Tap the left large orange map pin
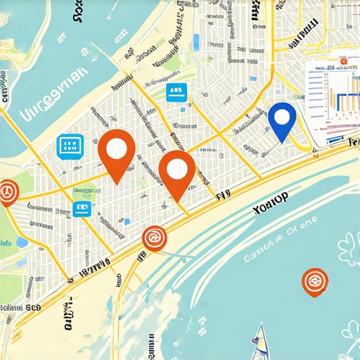[x=115, y=148]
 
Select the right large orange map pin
[x=176, y=170]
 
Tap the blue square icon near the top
[x=176, y=92]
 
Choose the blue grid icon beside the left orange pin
[x=70, y=146]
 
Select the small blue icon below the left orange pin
[x=82, y=209]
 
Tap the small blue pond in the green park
[x=21, y=242]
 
